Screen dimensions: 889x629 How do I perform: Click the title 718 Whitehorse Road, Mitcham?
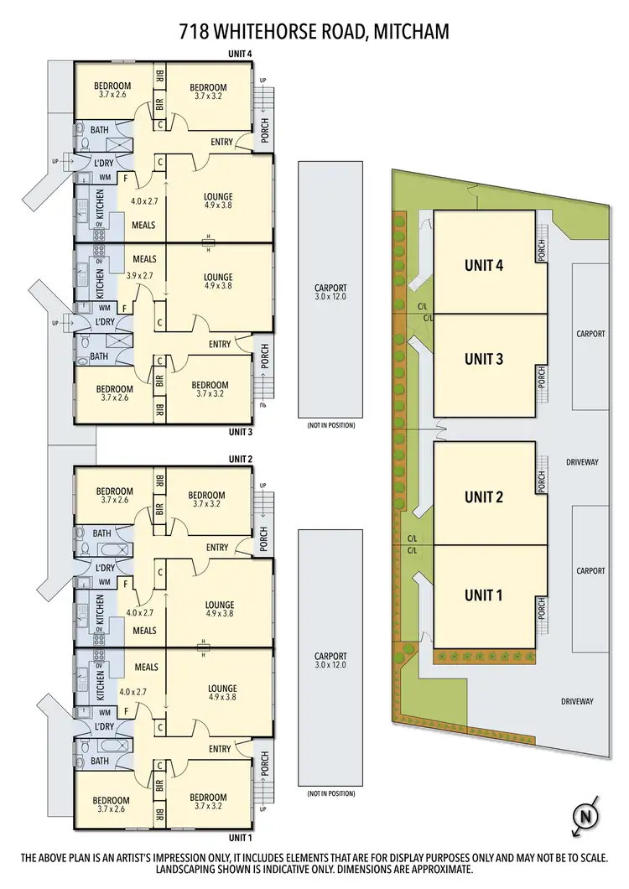tap(314, 32)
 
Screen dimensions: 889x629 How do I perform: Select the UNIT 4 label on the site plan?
tap(483, 266)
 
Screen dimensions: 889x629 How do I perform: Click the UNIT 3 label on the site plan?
tap(483, 358)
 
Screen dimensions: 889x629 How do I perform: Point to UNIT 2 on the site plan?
tap(483, 496)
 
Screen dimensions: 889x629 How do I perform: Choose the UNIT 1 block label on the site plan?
tap(483, 595)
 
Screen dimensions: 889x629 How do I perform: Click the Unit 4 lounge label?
tap(218, 197)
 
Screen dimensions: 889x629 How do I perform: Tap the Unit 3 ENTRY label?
tap(220, 344)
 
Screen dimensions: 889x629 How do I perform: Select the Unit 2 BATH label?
tap(101, 533)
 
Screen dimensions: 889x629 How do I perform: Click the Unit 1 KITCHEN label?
tap(100, 682)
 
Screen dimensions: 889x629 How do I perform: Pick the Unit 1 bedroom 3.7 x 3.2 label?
tap(208, 802)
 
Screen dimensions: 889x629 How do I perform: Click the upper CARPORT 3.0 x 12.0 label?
tap(330, 291)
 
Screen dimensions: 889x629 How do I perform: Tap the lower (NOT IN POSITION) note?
tap(330, 793)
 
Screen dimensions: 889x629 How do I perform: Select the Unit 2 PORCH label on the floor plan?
tap(263, 538)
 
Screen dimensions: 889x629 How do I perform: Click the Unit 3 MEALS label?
tap(144, 258)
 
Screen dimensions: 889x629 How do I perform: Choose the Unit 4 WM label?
tap(105, 178)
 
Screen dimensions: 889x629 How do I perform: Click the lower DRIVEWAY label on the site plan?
tap(577, 701)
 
